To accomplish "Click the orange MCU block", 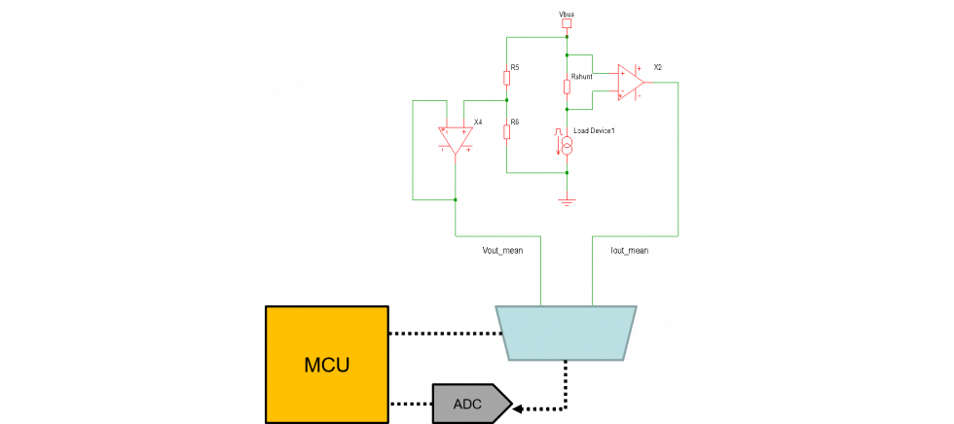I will [327, 365].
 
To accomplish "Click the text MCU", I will [327, 366].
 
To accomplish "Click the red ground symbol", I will [567, 201].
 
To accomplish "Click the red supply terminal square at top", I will [567, 22].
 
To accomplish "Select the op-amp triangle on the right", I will [629, 82].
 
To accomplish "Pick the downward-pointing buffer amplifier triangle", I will [456, 139].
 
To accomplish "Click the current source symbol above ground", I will [567, 144].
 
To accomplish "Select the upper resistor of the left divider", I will [507, 78].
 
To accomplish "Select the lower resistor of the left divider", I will [507, 132].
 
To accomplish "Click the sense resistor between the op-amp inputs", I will [567, 88].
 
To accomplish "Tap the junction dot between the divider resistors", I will [507, 100].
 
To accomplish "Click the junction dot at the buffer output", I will [456, 199].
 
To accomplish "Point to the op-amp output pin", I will [644, 83].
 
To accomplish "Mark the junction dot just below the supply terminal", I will [567, 38].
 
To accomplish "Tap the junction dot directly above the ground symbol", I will [567, 173].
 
